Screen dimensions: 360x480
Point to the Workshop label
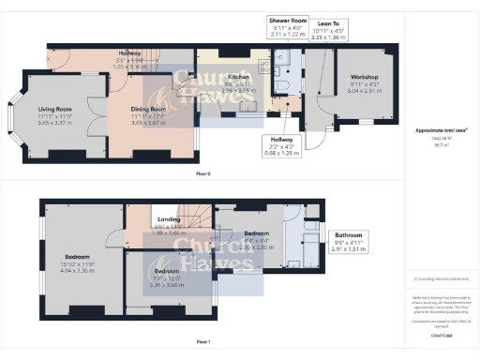click(365, 77)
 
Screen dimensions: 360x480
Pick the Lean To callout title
click(329, 19)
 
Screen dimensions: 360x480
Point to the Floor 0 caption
click(202, 175)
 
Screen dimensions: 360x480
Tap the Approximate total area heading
click(442, 128)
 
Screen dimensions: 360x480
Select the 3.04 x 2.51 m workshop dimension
click(365, 92)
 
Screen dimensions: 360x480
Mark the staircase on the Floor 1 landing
click(141, 217)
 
